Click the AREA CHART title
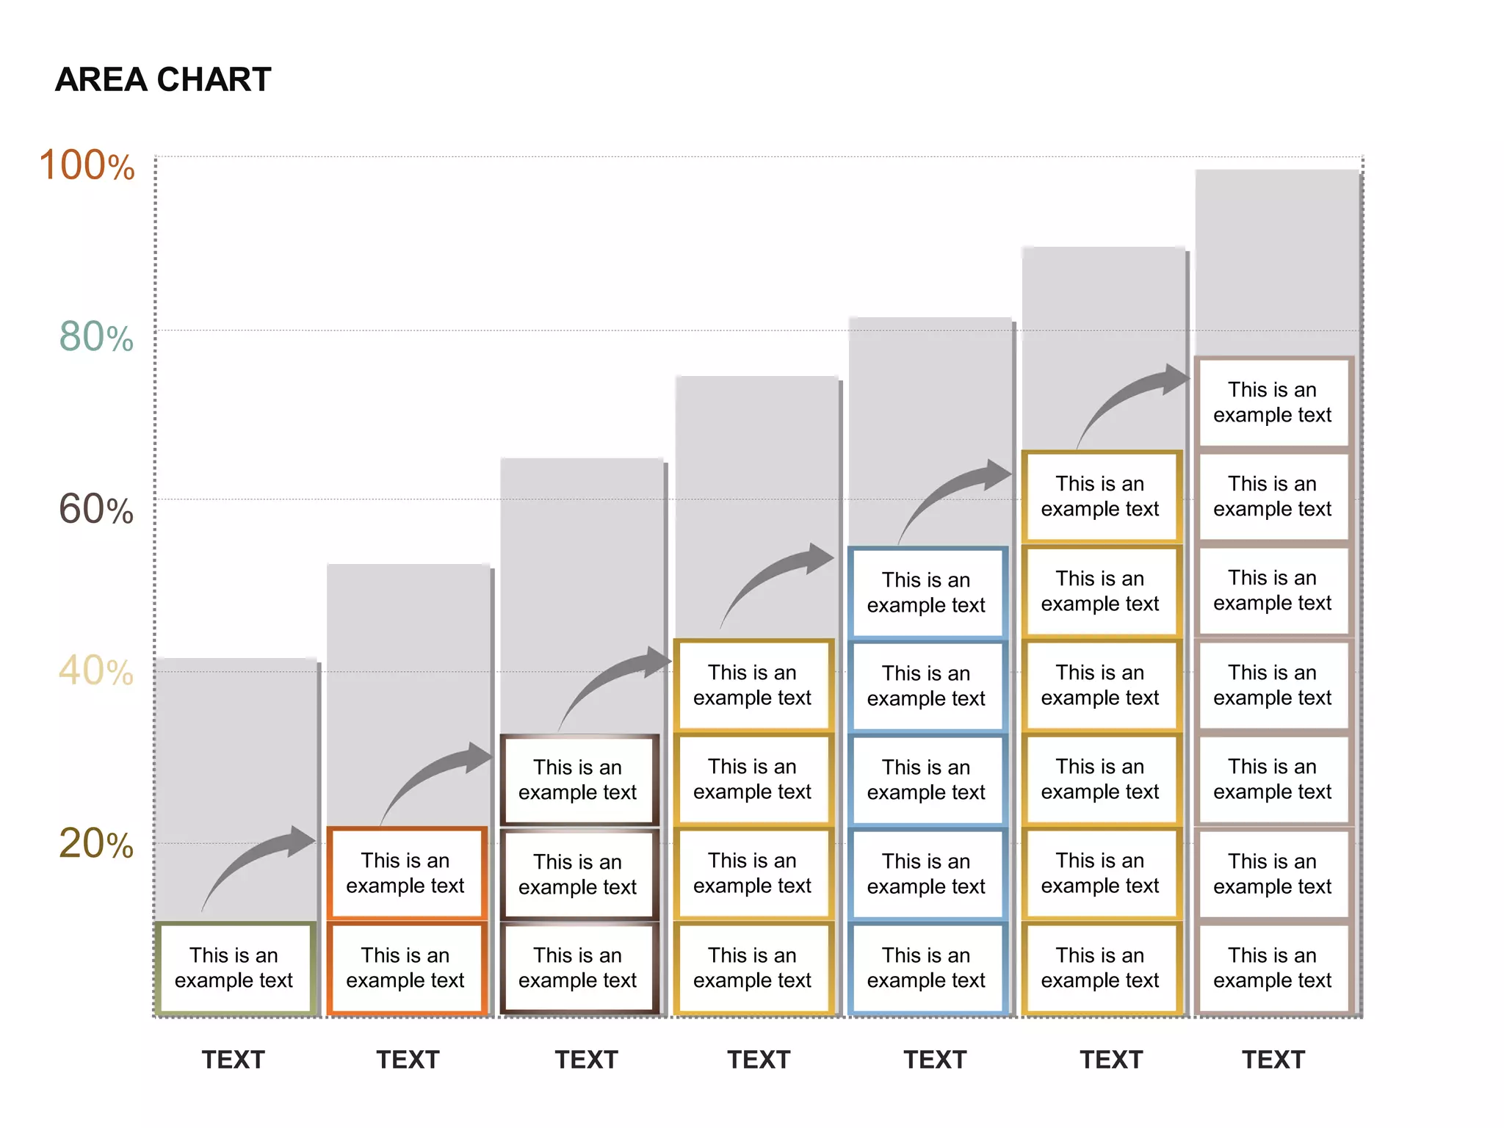pyautogui.click(x=163, y=79)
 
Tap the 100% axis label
pyautogui.click(x=87, y=165)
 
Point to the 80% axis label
pyautogui.click(x=95, y=337)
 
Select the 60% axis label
pyautogui.click(x=95, y=509)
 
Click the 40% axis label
pyautogui.click(x=95, y=670)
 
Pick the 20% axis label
pyautogui.click(x=95, y=843)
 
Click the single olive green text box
pyautogui.click(x=234, y=968)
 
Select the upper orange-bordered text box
pyautogui.click(x=406, y=873)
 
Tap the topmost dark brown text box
pyautogui.click(x=578, y=779)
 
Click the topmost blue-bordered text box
pyautogui.click(x=926, y=592)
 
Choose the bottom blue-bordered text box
pyautogui.click(x=926, y=968)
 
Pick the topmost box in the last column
pyautogui.click(x=1273, y=402)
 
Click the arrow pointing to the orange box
pyautogui.click(x=257, y=859)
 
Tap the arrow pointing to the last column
pyautogui.click(x=1131, y=400)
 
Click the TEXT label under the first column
pyautogui.click(x=234, y=1060)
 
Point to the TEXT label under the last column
pyautogui.click(x=1273, y=1060)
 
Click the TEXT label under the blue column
pyautogui.click(x=935, y=1060)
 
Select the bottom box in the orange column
pyautogui.click(x=406, y=968)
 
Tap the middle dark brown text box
pyautogui.click(x=578, y=874)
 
